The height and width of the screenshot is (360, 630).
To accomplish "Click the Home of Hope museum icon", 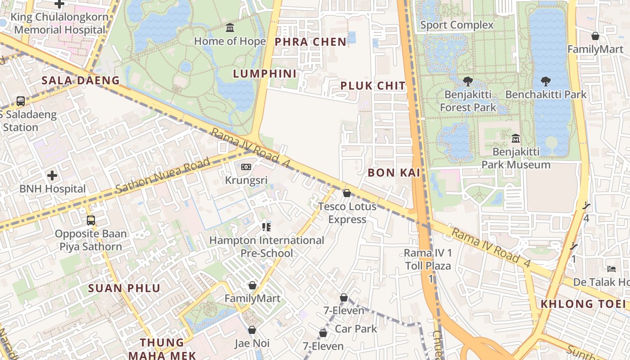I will pyautogui.click(x=230, y=28).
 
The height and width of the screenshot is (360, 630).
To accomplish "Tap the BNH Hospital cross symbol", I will pyautogui.click(x=52, y=175).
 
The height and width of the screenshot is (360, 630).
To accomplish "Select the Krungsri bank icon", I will pyautogui.click(x=246, y=167).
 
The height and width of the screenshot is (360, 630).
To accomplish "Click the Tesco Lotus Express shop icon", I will pyautogui.click(x=347, y=193).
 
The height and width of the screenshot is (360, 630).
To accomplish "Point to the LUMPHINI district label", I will pyautogui.click(x=265, y=74).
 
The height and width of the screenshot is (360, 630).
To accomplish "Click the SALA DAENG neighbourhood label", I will pyautogui.click(x=81, y=81).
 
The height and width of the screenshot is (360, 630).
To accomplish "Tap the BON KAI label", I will pyautogui.click(x=394, y=172).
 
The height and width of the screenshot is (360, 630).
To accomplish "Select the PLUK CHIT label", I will pyautogui.click(x=373, y=86).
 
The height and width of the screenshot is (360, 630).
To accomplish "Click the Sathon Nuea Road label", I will pyautogui.click(x=163, y=175).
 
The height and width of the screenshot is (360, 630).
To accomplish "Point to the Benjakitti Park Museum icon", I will pyautogui.click(x=516, y=138).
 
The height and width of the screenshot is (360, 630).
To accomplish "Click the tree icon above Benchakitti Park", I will pyautogui.click(x=546, y=81).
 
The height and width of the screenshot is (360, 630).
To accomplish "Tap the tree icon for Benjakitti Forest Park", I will pyautogui.click(x=468, y=81).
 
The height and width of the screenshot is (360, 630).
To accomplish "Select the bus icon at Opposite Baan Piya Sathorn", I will pyautogui.click(x=91, y=220).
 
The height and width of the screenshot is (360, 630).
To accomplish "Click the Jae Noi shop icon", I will pyautogui.click(x=252, y=330).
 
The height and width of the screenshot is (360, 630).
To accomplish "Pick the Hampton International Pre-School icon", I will pyautogui.click(x=266, y=227).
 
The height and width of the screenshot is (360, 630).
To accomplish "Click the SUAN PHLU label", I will pyautogui.click(x=124, y=288).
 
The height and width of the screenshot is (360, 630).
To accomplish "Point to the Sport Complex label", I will pyautogui.click(x=457, y=25).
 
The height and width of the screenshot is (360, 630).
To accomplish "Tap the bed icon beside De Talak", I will pyautogui.click(x=611, y=269).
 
